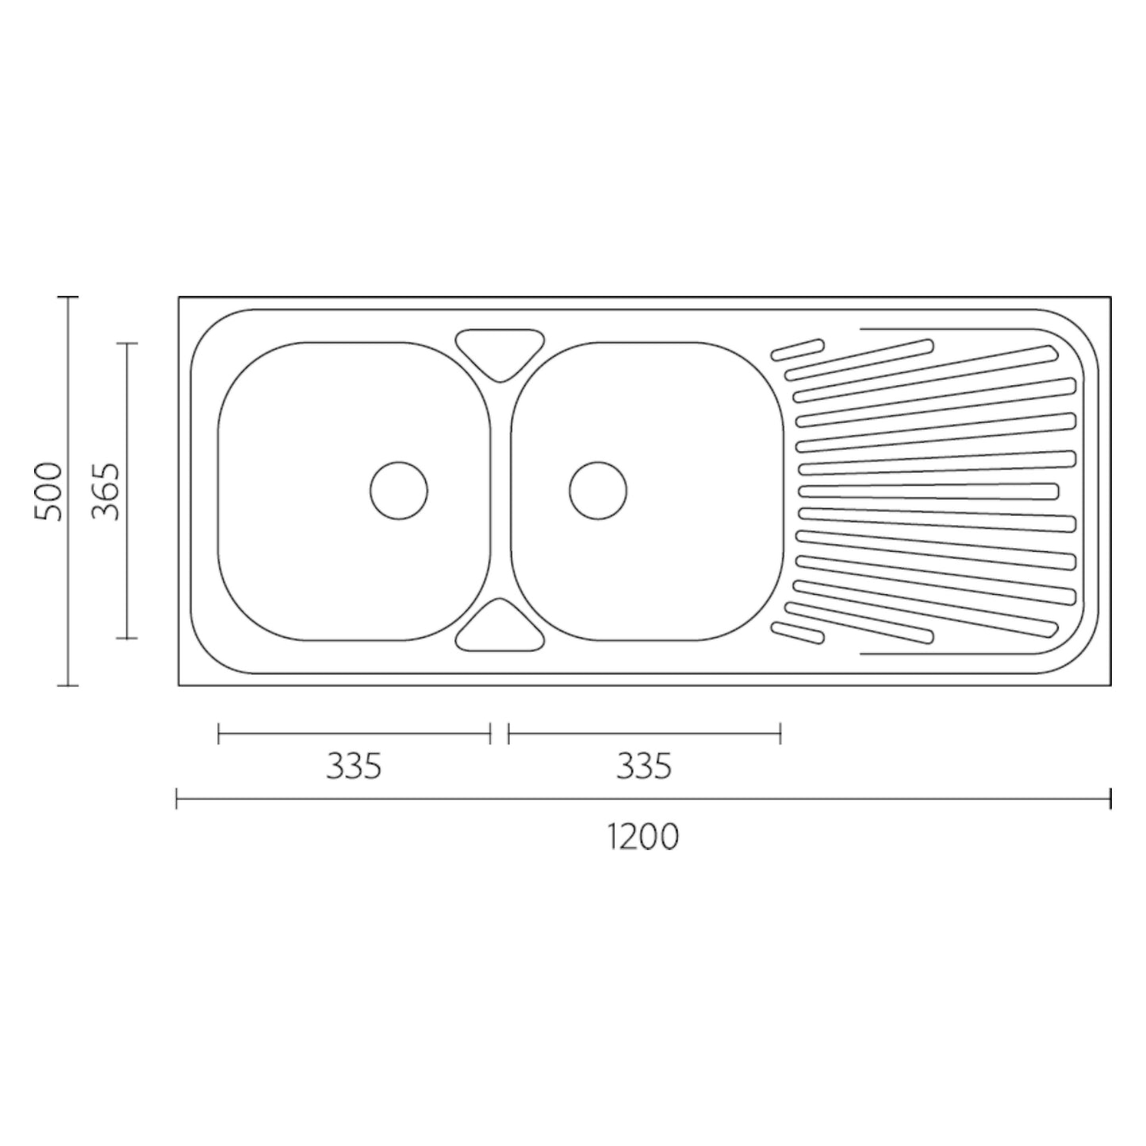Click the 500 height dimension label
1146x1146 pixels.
(48, 491)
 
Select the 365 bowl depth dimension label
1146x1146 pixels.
(105, 491)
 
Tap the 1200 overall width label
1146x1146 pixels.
(643, 836)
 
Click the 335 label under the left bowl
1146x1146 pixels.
(354, 766)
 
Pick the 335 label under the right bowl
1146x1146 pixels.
(643, 766)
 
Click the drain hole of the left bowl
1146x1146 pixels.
(399, 491)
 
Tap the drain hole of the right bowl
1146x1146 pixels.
(598, 491)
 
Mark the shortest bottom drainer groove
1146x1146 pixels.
(798, 632)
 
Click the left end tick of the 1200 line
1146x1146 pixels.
(177, 798)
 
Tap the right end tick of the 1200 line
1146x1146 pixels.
(1110, 798)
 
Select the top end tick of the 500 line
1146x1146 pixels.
(68, 297)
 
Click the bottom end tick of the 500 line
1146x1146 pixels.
(68, 685)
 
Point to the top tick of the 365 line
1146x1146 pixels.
(127, 343)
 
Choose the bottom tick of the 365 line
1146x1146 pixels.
(127, 638)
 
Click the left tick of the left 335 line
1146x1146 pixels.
(219, 734)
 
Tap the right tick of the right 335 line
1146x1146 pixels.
(781, 734)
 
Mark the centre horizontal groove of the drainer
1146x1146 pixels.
(928, 492)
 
